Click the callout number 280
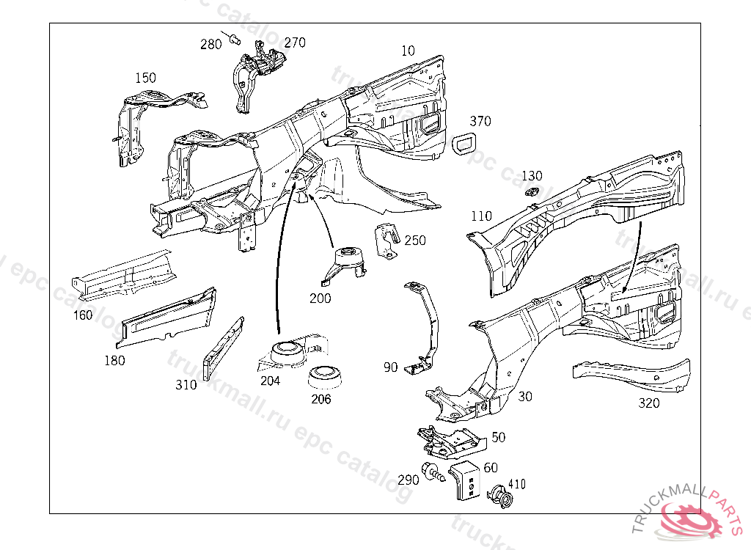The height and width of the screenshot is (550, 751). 210,44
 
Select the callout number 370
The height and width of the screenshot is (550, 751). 480,121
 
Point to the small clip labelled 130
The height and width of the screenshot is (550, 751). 530,193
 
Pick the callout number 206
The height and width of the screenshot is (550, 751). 321,399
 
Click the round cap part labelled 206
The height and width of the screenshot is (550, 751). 325,377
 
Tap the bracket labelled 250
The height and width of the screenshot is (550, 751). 387,241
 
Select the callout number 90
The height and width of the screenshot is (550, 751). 390,367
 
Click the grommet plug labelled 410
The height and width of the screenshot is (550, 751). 500,496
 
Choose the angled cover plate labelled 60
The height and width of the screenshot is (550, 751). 464,480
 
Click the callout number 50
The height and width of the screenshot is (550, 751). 498,437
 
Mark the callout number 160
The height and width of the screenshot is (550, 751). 83,315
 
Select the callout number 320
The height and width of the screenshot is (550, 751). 649,403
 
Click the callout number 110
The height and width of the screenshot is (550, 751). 481,216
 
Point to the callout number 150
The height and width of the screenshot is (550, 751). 146,78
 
